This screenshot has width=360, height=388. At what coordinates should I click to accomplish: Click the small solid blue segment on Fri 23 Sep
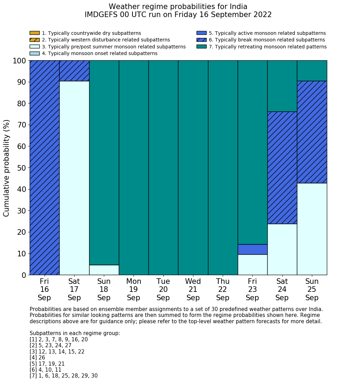coord(252,249)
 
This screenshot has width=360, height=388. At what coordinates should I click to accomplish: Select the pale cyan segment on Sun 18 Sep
coord(104,270)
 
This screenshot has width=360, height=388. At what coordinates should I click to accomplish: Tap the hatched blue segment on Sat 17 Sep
coord(74,71)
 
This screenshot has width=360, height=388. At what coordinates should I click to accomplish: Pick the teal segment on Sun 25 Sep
coord(312,71)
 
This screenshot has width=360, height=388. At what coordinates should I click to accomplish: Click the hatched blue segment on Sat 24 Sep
coord(282,168)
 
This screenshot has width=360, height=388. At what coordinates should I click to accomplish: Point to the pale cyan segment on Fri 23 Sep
coord(252,264)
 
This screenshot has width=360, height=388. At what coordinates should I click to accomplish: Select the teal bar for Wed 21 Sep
coord(193,168)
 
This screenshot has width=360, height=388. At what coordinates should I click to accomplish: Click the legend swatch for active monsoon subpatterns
coord(201,33)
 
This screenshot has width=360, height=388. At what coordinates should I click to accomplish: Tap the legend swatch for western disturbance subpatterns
coord(35,40)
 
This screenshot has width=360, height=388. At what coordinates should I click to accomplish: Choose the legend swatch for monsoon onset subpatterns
coord(35,53)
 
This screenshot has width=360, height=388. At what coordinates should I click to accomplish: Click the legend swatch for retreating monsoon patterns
coord(201,47)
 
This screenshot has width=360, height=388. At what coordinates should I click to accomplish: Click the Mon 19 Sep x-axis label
coord(133,289)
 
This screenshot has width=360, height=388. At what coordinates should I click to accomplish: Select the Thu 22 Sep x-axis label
coord(223,289)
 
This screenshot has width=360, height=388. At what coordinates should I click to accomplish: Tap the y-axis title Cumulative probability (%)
coord(7,168)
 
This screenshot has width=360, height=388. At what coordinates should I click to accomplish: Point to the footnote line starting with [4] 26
coord(37,358)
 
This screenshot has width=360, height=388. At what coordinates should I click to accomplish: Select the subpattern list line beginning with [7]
coord(63,376)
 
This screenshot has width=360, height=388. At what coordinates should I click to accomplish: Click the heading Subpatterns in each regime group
coord(75,333)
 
